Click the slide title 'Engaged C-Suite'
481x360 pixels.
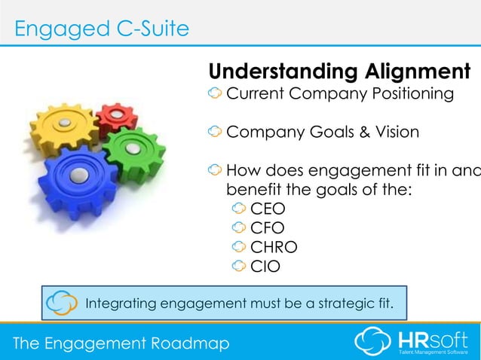pos(102,29)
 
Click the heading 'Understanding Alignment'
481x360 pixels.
pos(339,72)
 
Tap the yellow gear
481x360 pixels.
pos(66,124)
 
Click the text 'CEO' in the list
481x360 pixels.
pos(268,209)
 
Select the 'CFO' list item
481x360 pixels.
pos(268,227)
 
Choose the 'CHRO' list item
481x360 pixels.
pos(274,246)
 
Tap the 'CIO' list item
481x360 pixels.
pos(266,264)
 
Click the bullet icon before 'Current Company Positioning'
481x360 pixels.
pos(215,94)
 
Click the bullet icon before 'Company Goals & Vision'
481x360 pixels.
pos(215,133)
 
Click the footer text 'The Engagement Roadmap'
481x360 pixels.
pos(121,343)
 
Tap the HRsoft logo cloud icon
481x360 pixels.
pos(372,339)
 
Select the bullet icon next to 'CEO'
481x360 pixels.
pos(239,209)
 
